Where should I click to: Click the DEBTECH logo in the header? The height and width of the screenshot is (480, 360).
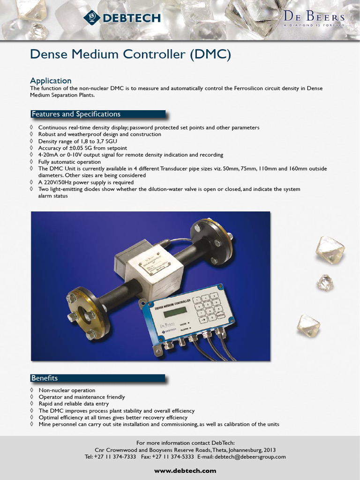pos(122,18)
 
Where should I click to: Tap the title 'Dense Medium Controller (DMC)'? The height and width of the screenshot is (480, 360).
pos(131,54)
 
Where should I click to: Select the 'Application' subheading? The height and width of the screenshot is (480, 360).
pos(51,81)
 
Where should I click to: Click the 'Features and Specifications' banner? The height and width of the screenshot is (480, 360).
pos(76,114)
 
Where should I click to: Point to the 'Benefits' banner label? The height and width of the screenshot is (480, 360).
pos(45,378)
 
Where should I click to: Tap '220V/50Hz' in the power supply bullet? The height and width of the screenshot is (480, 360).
pos(62,182)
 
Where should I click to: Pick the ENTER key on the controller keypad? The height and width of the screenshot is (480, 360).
pos(221,315)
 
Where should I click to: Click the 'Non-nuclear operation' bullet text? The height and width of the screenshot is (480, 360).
pos(67,390)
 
